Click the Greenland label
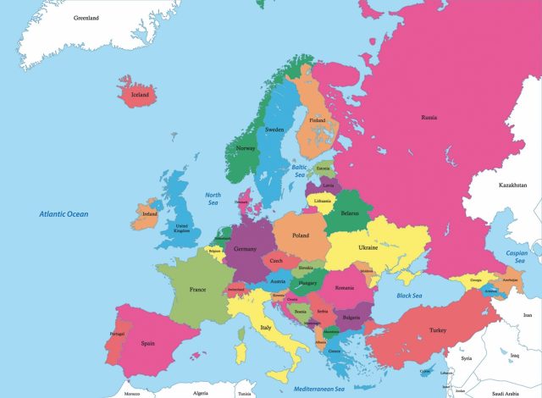tap(86, 18)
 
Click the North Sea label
tap(213, 200)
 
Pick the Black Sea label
tap(409, 296)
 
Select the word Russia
tap(429, 118)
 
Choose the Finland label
tap(317, 120)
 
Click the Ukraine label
tap(368, 247)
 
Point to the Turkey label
tap(437, 330)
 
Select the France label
tap(197, 289)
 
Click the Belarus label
tap(349, 214)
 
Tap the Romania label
tap(344, 288)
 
